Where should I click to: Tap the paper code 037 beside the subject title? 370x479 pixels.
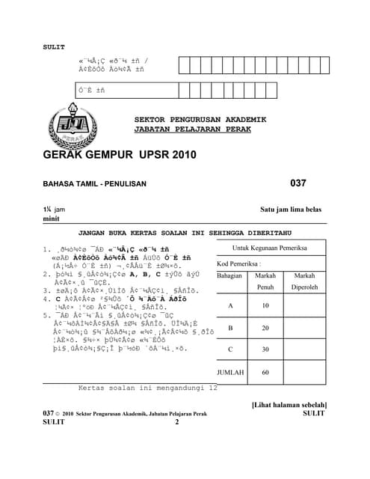pos(298,183)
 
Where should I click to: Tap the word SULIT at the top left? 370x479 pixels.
pos(55,45)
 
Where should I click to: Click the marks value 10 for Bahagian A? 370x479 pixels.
pos(265,305)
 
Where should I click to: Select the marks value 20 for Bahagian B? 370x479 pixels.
pos(265,328)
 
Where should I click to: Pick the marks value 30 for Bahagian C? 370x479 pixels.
pos(265,350)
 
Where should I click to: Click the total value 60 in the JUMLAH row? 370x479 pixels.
pos(265,372)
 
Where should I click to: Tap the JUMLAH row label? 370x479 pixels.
pos(230,372)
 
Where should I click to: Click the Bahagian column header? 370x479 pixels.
pos(230,276)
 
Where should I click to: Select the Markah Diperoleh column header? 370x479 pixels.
pos(304,281)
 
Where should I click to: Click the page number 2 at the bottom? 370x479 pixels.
pos(177,422)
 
